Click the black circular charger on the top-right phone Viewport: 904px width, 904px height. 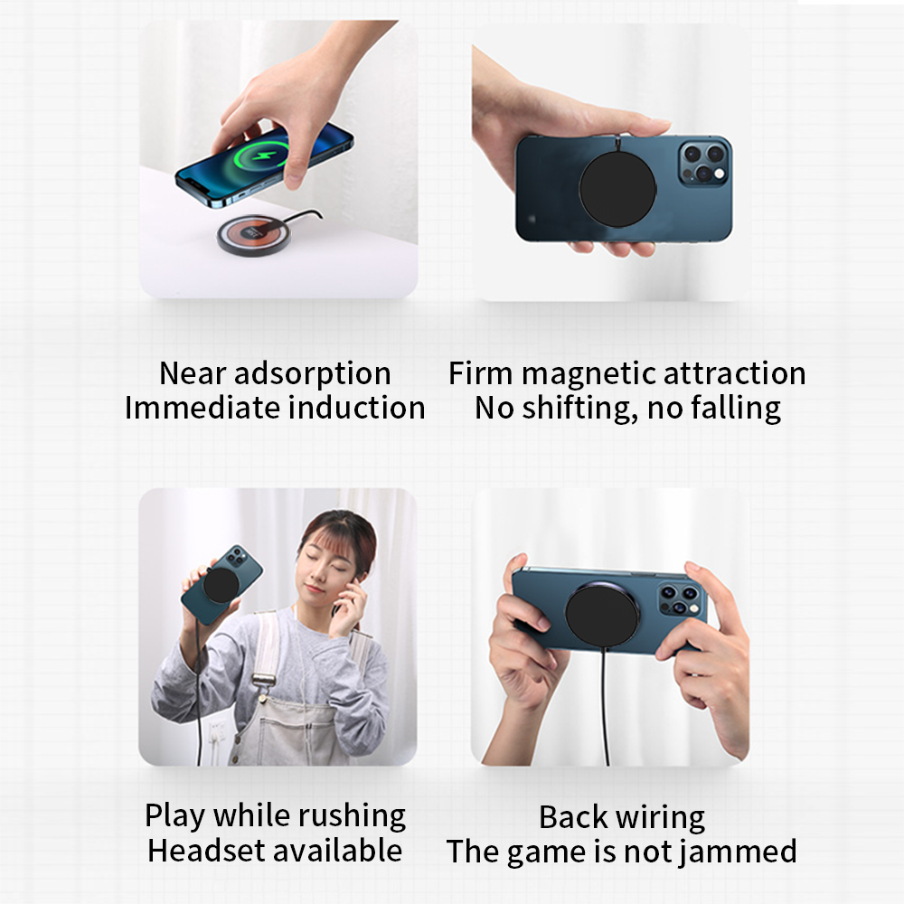617,189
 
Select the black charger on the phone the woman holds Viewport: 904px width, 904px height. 222,585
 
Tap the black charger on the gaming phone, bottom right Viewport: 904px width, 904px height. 602,614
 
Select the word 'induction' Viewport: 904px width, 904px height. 357,408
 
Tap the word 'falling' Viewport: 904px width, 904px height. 735,408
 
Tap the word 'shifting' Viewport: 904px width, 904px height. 579,408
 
